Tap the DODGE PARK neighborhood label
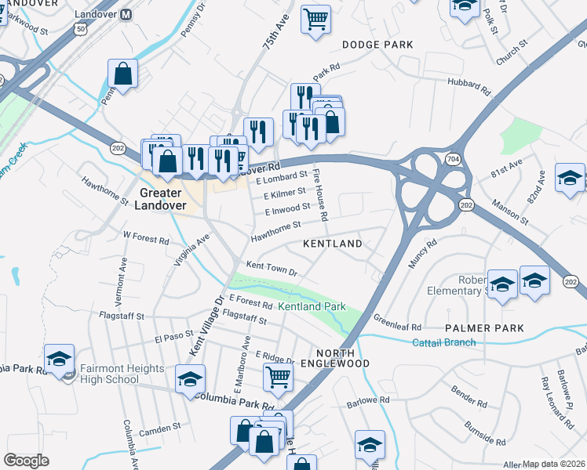(x=377, y=45)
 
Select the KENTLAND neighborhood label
(x=333, y=244)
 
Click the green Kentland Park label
(x=312, y=306)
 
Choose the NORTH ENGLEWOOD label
(x=342, y=358)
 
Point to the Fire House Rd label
(x=320, y=193)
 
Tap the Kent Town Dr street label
(x=272, y=269)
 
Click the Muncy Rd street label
(x=421, y=255)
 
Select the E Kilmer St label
(x=284, y=192)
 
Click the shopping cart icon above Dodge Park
(x=315, y=19)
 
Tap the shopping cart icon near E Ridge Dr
(x=279, y=377)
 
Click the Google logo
(x=27, y=461)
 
